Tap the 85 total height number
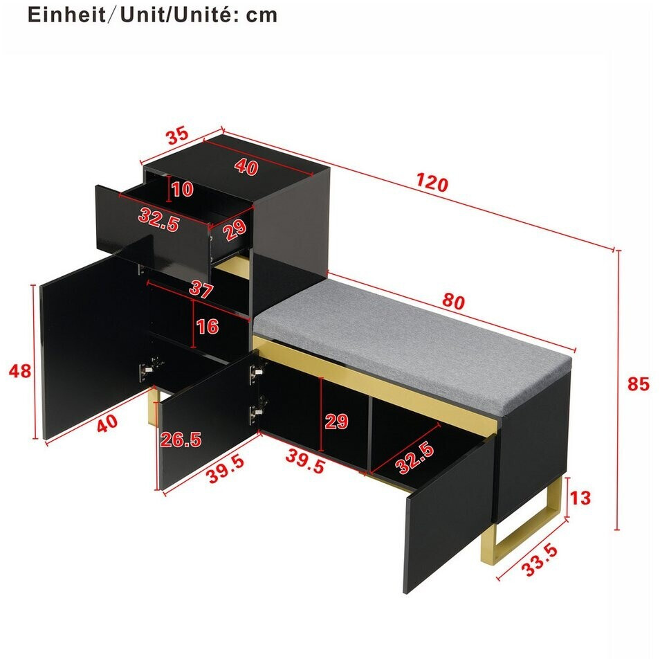(x=638, y=384)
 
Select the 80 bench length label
(x=453, y=302)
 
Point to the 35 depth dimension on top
(x=177, y=136)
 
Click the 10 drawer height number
(x=182, y=189)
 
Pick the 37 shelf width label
(x=201, y=289)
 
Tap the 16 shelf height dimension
(x=208, y=326)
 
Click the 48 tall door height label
(x=20, y=371)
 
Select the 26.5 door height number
(x=181, y=440)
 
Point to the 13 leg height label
(x=580, y=498)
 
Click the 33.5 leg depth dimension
(x=540, y=560)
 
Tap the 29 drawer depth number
(x=235, y=230)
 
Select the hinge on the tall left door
(x=146, y=370)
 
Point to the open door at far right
(x=449, y=514)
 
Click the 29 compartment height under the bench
(x=336, y=421)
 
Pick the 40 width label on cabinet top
(x=246, y=167)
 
